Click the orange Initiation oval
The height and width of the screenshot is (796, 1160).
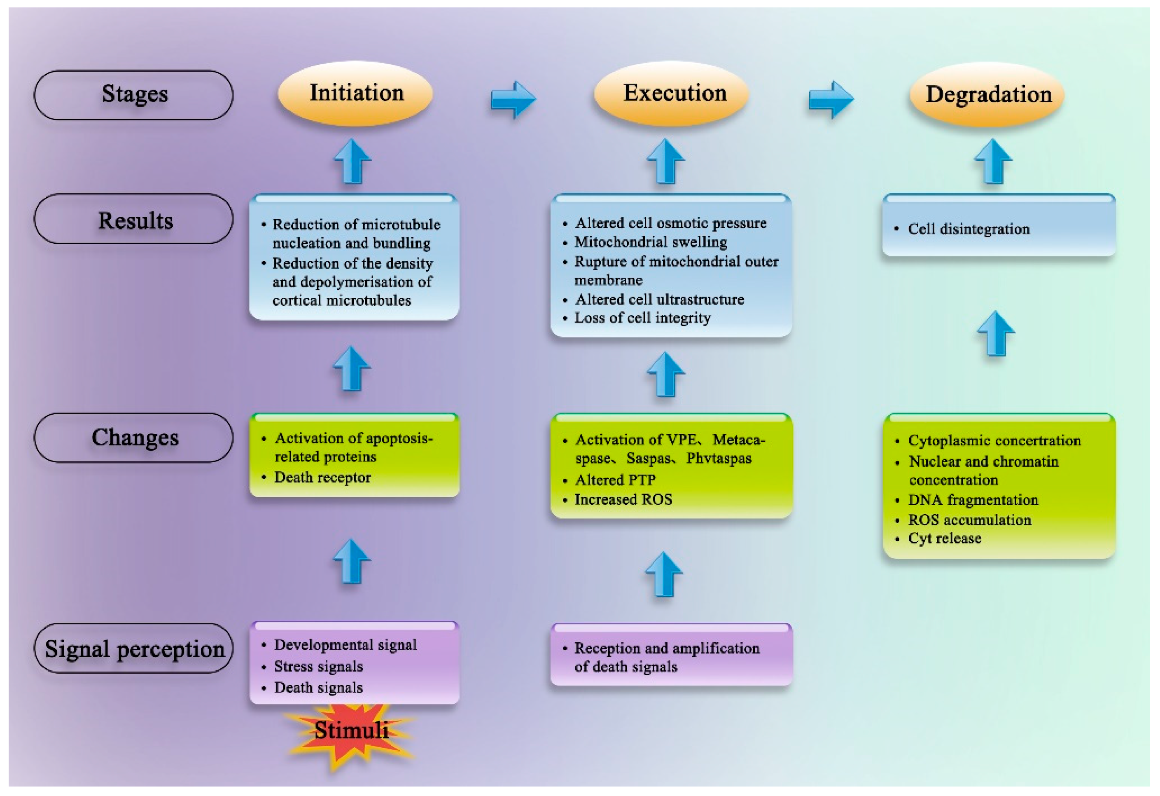click(x=355, y=94)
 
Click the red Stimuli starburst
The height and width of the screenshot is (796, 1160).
click(x=351, y=733)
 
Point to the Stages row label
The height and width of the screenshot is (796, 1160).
click(x=134, y=95)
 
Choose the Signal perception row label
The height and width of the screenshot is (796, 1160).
click(x=134, y=649)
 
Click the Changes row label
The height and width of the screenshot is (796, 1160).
click(x=134, y=438)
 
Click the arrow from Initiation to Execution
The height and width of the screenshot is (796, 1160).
click(x=513, y=99)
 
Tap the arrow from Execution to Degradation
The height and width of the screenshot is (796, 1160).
click(x=831, y=99)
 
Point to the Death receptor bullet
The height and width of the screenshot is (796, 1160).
click(x=322, y=478)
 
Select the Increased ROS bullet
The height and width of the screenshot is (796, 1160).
click(x=623, y=499)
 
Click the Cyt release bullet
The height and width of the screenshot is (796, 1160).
click(x=944, y=538)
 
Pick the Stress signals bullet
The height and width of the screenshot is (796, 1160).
click(x=318, y=667)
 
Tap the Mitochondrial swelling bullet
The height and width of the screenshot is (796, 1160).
click(x=650, y=242)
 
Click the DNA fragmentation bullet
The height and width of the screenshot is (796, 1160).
click(x=972, y=500)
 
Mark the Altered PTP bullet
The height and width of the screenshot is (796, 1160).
click(x=615, y=480)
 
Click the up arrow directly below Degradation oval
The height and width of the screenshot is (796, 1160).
click(x=993, y=161)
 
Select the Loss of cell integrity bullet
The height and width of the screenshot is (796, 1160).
click(x=642, y=318)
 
